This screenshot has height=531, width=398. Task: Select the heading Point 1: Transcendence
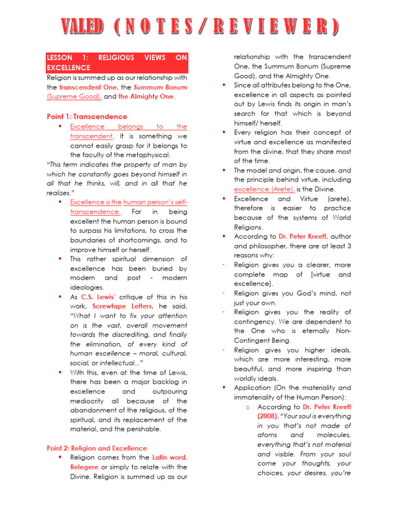tap(87, 117)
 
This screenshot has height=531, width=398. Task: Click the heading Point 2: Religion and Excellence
tap(96, 448)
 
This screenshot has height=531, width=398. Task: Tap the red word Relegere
tap(84, 467)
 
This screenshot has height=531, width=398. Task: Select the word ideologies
tap(87, 287)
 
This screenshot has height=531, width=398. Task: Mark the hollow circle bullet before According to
tap(249, 407)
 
